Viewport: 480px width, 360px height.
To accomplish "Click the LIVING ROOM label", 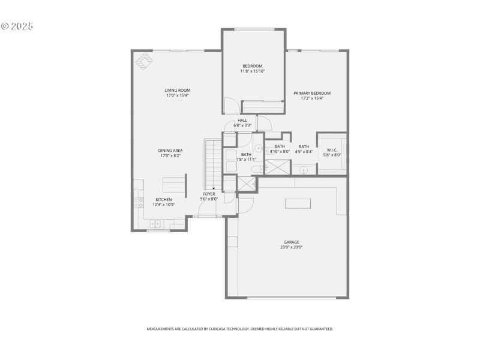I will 178,91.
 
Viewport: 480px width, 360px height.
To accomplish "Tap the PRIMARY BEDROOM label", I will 312,93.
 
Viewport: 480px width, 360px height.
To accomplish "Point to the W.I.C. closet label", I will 334,149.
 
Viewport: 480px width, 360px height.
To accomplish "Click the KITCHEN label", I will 164,199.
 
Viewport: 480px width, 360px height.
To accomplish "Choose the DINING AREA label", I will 170,151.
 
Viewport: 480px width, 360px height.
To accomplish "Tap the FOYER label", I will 209,194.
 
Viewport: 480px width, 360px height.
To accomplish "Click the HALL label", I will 242,120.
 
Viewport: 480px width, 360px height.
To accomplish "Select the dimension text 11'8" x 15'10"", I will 253,71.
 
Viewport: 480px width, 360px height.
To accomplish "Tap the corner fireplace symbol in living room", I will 145,61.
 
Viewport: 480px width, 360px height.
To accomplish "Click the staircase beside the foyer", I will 212,162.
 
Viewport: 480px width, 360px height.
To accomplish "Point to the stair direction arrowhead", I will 214,188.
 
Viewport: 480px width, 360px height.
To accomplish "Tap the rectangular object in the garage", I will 298,203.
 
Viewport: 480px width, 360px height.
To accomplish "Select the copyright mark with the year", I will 17,26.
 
